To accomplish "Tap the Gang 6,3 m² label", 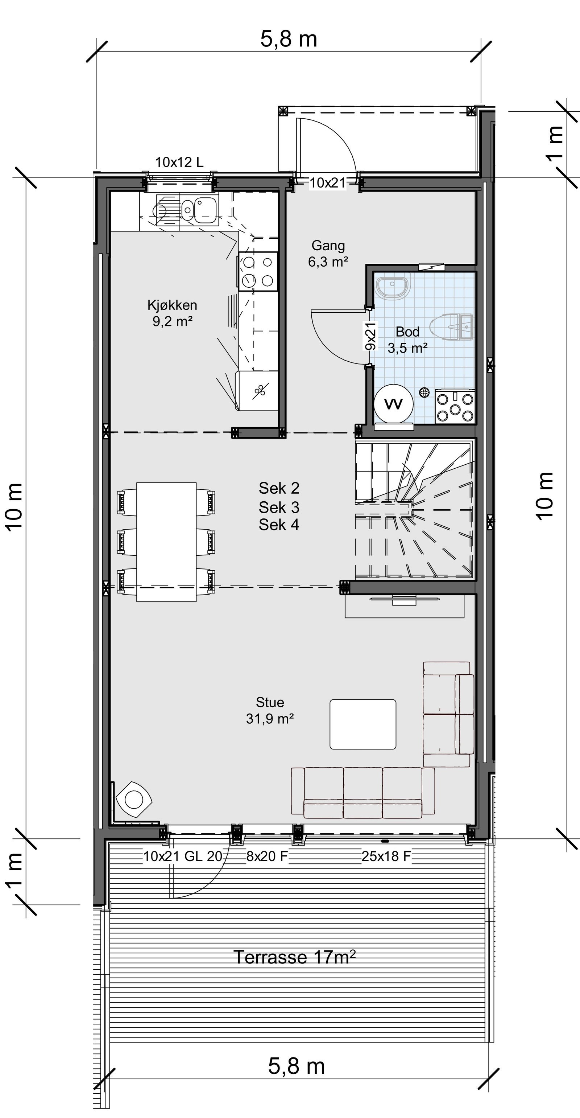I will pyautogui.click(x=328, y=254).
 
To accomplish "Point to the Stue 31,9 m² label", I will pyautogui.click(x=270, y=711).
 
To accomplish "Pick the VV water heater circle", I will pyautogui.click(x=393, y=404).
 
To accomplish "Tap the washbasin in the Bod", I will pyautogui.click(x=393, y=285).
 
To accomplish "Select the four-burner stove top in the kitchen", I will pyautogui.click(x=257, y=271).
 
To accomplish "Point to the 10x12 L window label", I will pyautogui.click(x=179, y=162).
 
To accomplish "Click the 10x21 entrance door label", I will pyautogui.click(x=328, y=183).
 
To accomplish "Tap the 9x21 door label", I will pyautogui.click(x=370, y=336).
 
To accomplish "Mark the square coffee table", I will pyautogui.click(x=362, y=724).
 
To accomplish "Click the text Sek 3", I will pyautogui.click(x=279, y=507).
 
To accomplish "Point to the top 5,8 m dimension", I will pyautogui.click(x=289, y=39).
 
